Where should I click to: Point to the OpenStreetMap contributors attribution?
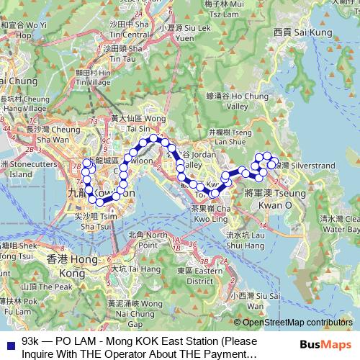[297, 323]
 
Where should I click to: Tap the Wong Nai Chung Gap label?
[130, 310]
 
